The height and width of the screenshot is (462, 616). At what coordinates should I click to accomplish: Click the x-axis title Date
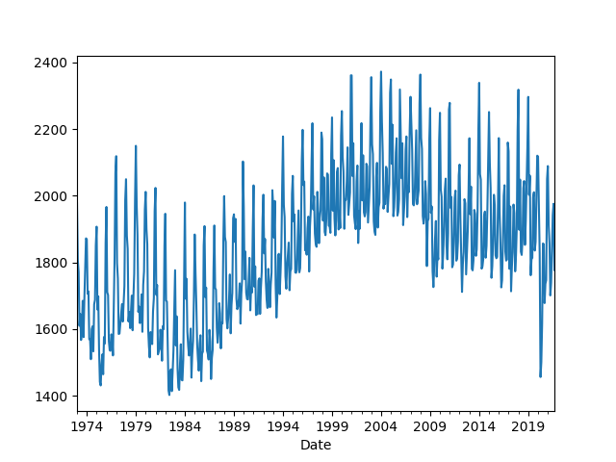[x=315, y=445]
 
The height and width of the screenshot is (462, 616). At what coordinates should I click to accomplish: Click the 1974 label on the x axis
[x=87, y=424]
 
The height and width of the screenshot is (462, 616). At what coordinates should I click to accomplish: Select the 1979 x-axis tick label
[x=136, y=424]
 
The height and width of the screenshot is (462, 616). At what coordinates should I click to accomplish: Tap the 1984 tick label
[x=185, y=424]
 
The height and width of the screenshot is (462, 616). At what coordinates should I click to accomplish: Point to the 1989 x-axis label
[x=234, y=424]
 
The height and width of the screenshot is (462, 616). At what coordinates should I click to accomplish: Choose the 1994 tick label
[x=283, y=424]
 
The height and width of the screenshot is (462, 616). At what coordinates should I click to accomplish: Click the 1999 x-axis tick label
[x=332, y=424]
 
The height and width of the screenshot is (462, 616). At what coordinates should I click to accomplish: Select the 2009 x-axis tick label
[x=429, y=424]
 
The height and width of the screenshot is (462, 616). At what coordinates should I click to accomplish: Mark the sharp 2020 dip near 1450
[x=540, y=376]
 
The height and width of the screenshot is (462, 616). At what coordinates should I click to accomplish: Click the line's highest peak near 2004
[x=380, y=71]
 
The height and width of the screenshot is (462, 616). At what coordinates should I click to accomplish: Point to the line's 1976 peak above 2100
[x=116, y=156]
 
